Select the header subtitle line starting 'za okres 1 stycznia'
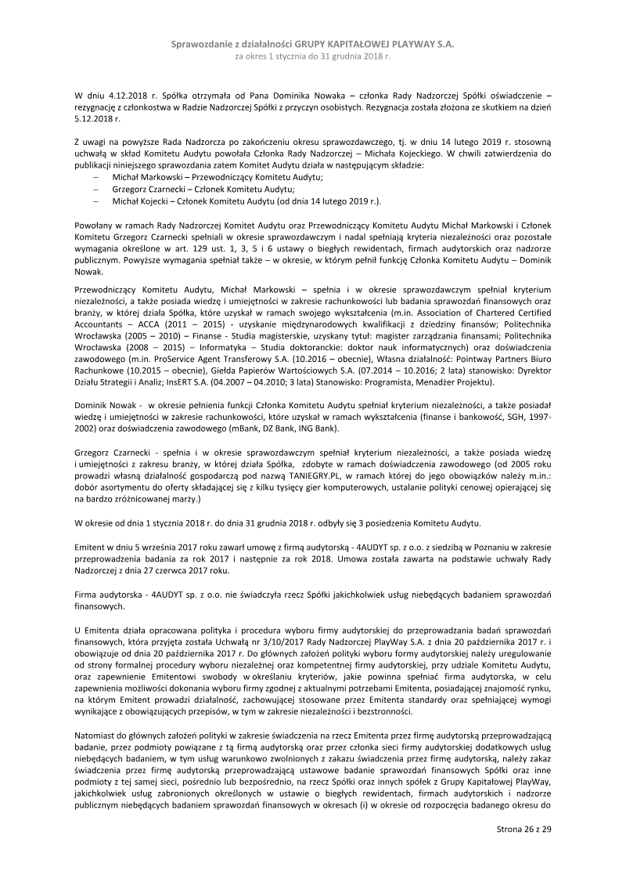coord(312,57)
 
